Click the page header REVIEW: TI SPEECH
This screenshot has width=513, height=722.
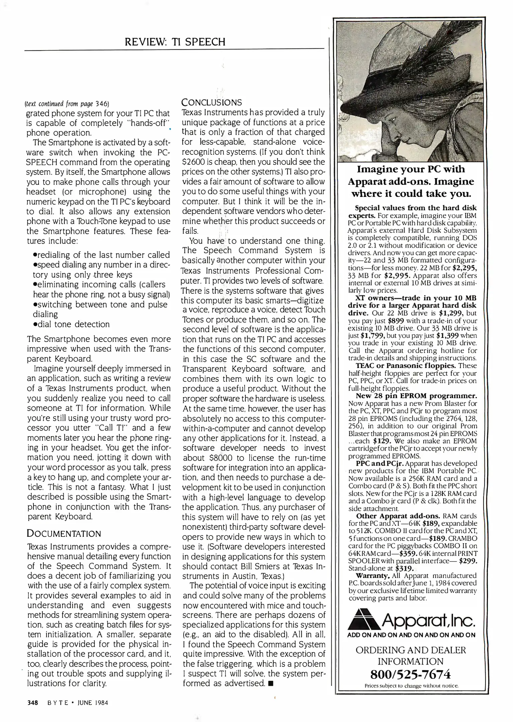[175, 42]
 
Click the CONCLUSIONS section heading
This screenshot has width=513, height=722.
[211, 102]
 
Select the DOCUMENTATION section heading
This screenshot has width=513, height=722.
[64, 533]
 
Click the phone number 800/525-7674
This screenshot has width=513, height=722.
[411, 674]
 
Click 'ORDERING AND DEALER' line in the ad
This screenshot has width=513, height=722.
[411, 650]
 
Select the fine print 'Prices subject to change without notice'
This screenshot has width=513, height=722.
[411, 686]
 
